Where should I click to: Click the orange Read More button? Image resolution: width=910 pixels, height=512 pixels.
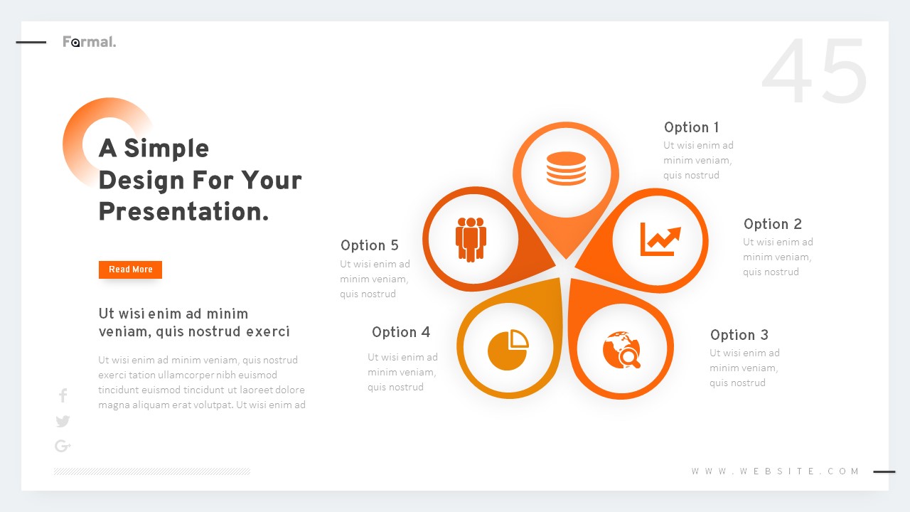coord(130,270)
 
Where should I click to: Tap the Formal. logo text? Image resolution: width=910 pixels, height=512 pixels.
coord(89,42)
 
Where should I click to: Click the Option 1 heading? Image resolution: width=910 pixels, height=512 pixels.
coord(691,127)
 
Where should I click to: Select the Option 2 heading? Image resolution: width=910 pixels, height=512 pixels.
coord(772,224)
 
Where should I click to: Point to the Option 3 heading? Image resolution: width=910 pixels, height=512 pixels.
coord(739,335)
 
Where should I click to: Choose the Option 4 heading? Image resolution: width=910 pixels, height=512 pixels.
coord(400,332)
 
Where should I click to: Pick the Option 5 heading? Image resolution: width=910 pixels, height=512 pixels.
coord(369,245)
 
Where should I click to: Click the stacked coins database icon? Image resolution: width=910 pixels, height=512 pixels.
coord(566,169)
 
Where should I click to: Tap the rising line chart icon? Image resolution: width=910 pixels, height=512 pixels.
coord(660,239)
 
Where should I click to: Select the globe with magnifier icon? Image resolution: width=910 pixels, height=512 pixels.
coord(622,349)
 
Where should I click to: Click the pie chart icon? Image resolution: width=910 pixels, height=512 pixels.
coord(508,349)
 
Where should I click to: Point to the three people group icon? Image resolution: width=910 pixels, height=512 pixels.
coord(471,238)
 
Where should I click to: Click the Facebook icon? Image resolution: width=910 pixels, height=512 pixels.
coord(63,395)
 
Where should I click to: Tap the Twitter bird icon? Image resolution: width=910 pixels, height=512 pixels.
coord(63,421)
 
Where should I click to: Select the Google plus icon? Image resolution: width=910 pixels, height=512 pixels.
coord(63,446)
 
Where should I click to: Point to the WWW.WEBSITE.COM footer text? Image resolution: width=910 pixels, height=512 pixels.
coord(776,471)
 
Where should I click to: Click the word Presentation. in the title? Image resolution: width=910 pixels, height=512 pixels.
coord(183,212)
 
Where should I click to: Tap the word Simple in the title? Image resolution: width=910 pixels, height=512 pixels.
coord(166,149)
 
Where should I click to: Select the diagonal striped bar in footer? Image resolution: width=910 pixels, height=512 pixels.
coord(151,471)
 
